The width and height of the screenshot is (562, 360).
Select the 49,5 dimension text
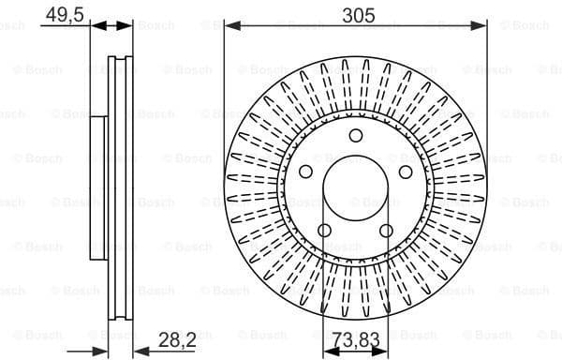point(58,14)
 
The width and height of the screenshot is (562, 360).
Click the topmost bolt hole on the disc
point(355,137)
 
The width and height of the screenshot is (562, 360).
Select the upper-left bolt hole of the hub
point(304,172)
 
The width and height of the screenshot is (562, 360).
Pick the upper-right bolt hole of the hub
point(406,172)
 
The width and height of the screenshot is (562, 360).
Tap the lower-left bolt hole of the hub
point(324,232)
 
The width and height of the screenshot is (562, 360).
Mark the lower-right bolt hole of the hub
point(387,232)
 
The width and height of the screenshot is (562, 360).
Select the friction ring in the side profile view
point(120,187)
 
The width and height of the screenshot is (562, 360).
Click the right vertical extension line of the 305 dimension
point(487,94)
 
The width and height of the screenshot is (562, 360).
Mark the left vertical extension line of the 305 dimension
point(224,94)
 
